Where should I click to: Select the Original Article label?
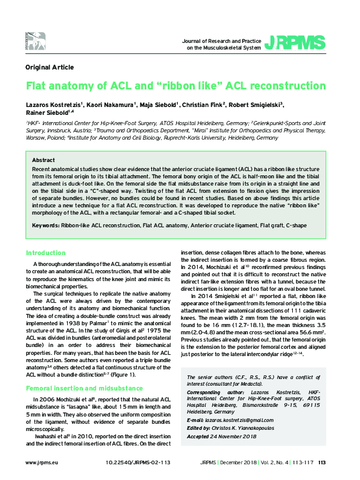(x=50, y=67)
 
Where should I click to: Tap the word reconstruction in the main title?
(x=284, y=86)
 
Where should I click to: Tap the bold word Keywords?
(x=45, y=224)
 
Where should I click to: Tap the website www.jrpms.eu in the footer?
(x=41, y=462)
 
